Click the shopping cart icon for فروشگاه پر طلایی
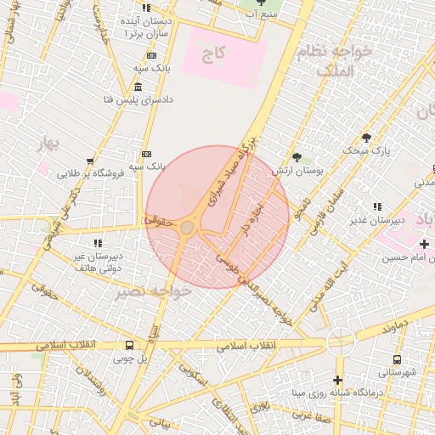coord(90,161)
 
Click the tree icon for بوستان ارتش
coord(297,157)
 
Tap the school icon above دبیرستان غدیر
coord(377,206)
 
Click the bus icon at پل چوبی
coord(129,345)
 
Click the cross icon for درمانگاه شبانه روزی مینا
coord(338,379)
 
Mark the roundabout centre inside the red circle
coord(187,228)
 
